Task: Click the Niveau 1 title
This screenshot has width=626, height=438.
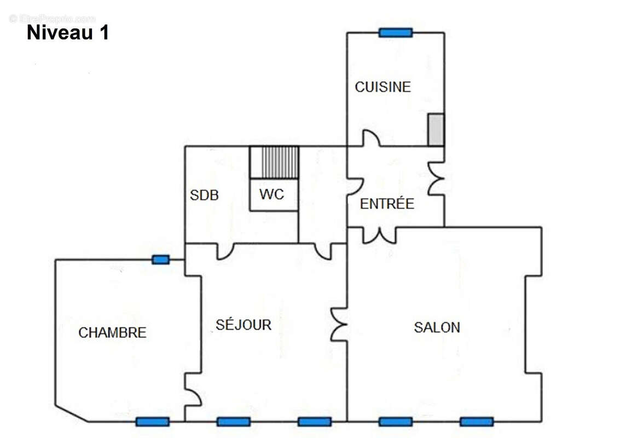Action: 67,33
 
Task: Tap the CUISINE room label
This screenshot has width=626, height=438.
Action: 382,87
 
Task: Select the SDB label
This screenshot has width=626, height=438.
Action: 204,195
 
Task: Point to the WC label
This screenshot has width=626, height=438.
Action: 271,194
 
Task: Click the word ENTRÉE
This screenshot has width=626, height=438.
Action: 387,204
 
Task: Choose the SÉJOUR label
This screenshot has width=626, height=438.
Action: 243,325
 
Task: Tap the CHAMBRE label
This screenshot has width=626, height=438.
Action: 112,332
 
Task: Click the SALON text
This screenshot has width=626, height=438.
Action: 437,327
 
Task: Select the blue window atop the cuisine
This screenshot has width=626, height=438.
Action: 395,33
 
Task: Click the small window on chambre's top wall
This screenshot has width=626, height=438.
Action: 160,260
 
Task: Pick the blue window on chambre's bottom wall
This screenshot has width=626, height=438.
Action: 152,422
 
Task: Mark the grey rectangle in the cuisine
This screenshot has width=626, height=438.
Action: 436,130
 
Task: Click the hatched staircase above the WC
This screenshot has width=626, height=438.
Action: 274,162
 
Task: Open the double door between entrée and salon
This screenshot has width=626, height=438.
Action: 379,235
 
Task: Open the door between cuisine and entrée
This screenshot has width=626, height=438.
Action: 372,138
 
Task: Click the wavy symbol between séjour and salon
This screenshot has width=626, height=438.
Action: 339,324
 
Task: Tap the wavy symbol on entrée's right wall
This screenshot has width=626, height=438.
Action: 436,179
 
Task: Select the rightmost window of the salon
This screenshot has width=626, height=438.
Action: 477,422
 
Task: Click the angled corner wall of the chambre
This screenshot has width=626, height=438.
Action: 72,414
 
